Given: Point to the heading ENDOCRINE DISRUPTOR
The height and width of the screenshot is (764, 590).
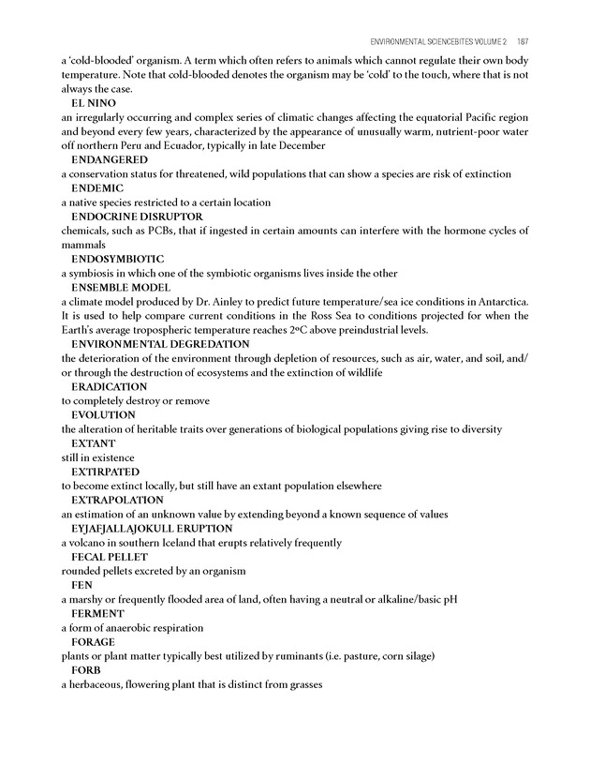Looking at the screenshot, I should pos(137,217).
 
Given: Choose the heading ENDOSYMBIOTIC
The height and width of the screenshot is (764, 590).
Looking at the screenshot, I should pos(118,259).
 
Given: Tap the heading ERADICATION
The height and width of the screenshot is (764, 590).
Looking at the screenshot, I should pos(109,386).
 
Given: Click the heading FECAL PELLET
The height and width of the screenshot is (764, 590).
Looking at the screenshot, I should pos(110,557).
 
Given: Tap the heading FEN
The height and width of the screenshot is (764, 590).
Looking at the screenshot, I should pos(81,585).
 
